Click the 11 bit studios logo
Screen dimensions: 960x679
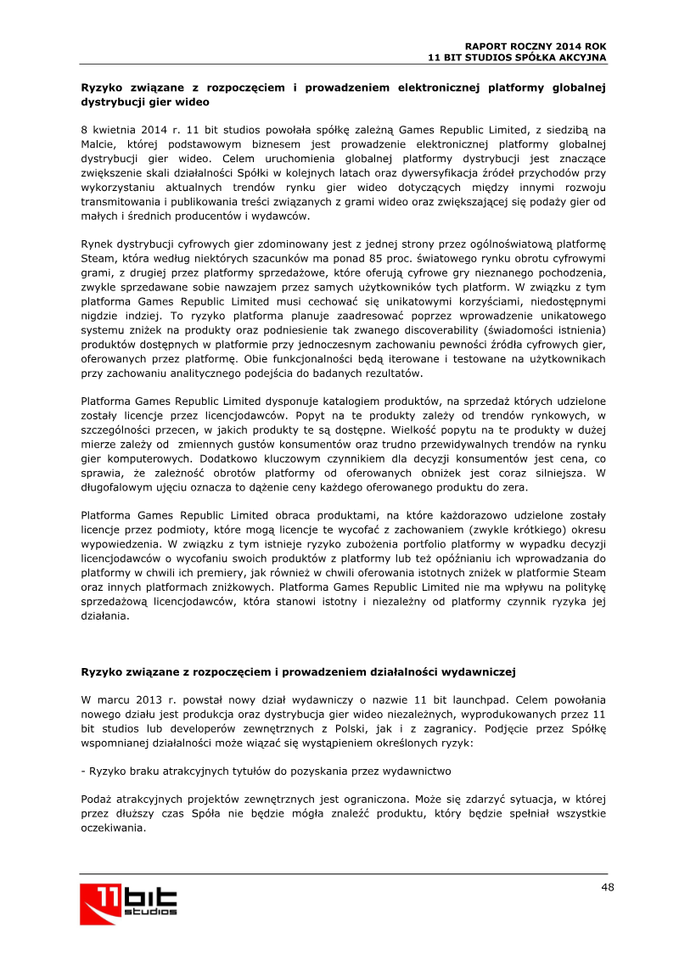point(129,903)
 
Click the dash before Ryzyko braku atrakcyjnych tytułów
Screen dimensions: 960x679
point(82,772)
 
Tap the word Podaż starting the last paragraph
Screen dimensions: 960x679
point(96,800)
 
